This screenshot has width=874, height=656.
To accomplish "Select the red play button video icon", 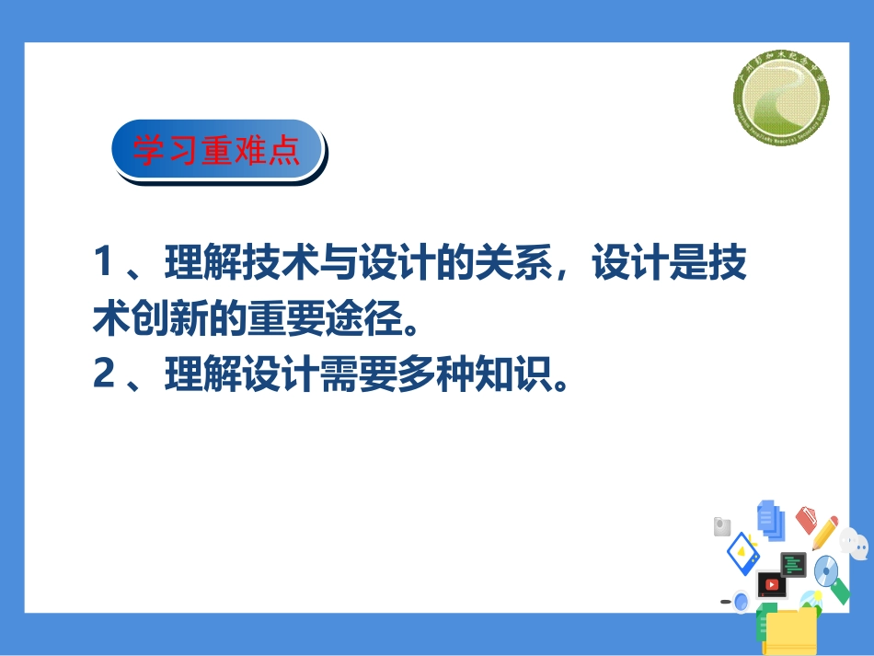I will pos(771,583).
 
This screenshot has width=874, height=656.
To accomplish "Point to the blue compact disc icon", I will pos(826,571).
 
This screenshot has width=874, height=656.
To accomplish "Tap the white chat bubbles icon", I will pos(855,545).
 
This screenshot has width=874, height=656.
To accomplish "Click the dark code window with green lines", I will pos(794,564).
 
